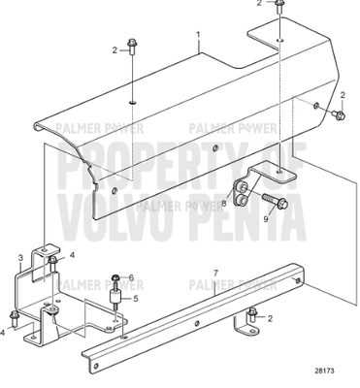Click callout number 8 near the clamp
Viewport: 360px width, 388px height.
[x=224, y=204]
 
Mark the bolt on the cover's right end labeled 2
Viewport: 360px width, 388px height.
[x=335, y=115]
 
